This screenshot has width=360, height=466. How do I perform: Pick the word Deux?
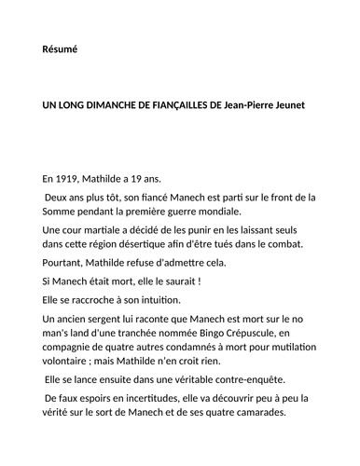(x=61, y=197)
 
